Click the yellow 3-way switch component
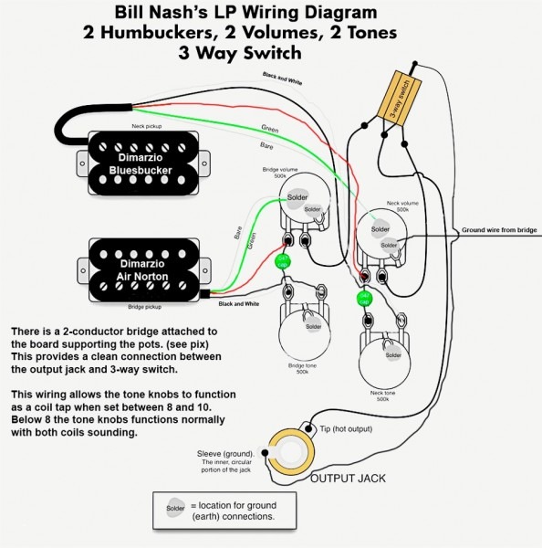click(x=402, y=93)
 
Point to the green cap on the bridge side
click(x=284, y=262)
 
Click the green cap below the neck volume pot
click(x=364, y=298)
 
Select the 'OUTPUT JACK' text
click(x=347, y=479)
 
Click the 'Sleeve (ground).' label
click(x=226, y=454)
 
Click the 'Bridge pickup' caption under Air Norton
click(x=148, y=309)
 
